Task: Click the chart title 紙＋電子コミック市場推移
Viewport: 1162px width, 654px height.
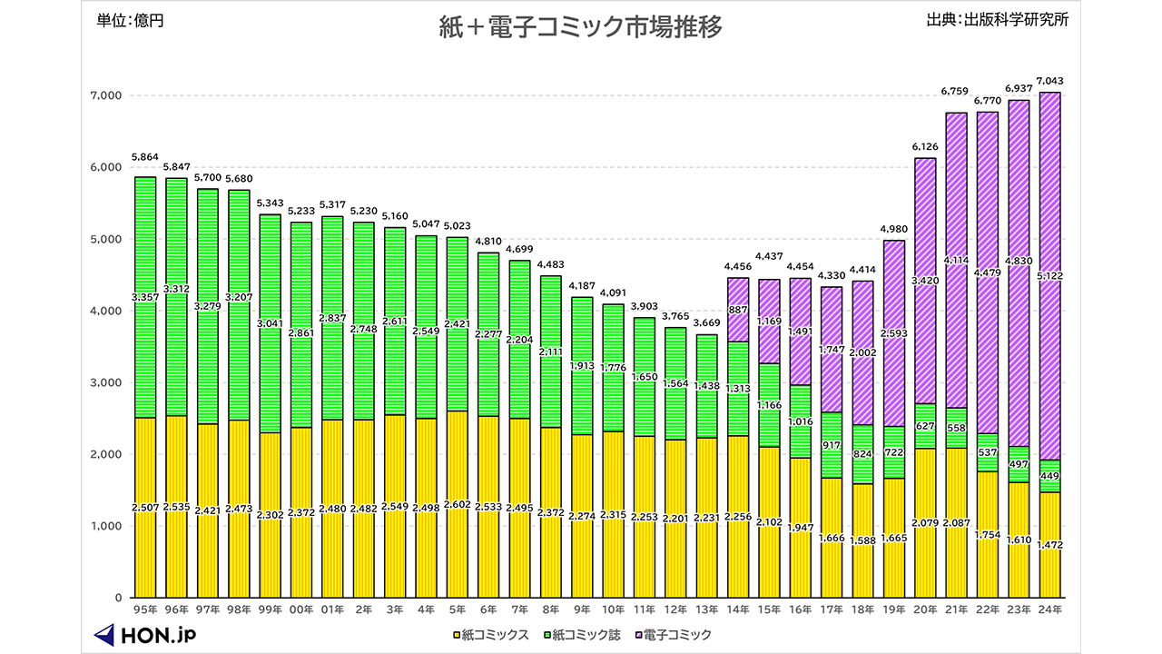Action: coord(581,27)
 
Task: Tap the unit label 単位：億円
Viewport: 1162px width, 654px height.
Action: coord(130,21)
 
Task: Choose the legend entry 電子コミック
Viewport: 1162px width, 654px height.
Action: coord(673,635)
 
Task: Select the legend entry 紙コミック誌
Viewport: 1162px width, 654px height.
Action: coord(582,635)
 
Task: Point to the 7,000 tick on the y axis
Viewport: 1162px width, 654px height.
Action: coord(106,95)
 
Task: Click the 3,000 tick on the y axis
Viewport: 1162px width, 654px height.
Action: coord(106,382)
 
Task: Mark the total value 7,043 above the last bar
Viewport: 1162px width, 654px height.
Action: coord(1049,81)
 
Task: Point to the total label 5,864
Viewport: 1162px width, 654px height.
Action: coord(145,157)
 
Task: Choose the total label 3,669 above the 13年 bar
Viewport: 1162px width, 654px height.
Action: coord(707,323)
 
